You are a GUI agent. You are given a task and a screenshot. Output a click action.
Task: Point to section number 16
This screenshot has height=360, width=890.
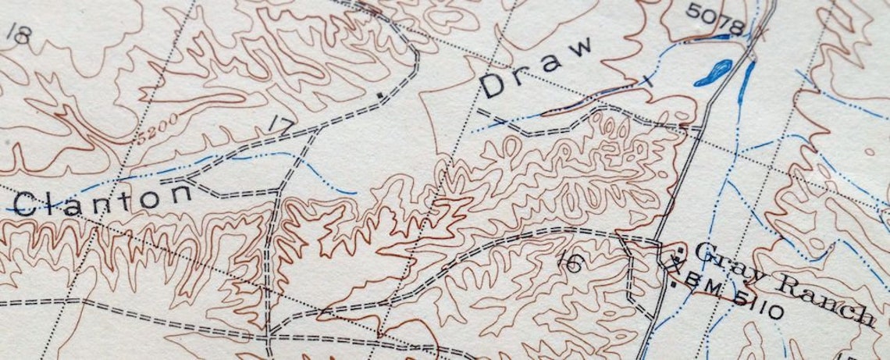click(572, 263)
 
